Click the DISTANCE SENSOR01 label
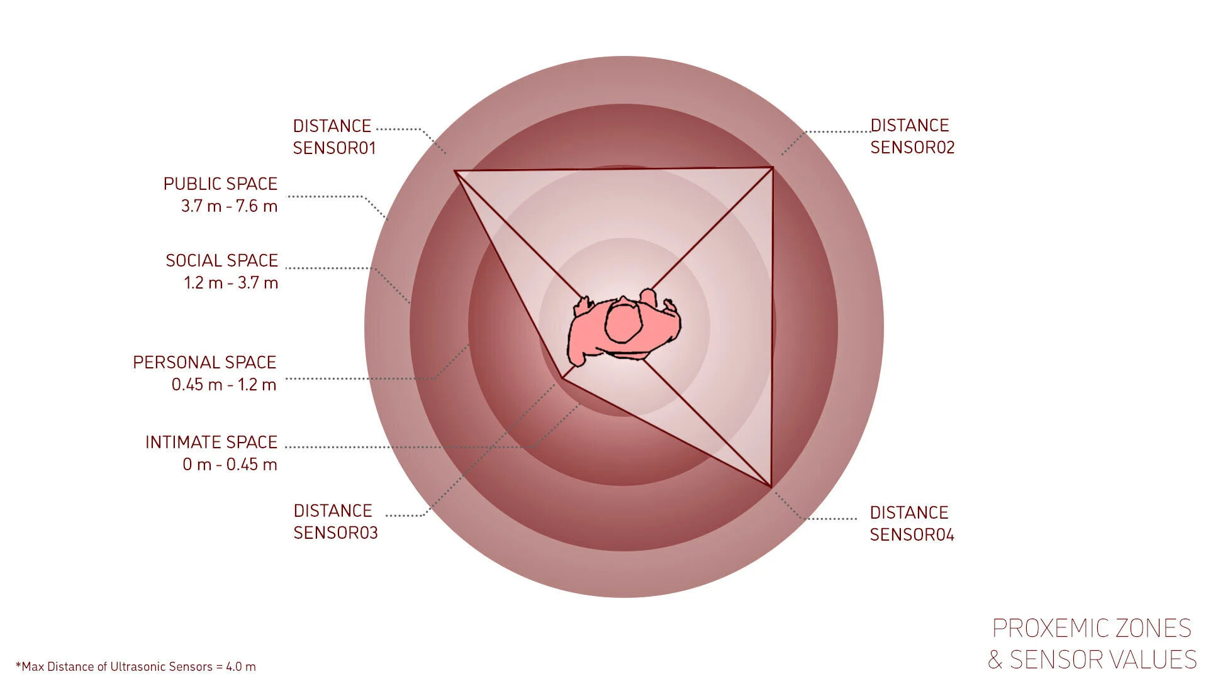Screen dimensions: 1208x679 pos(334,136)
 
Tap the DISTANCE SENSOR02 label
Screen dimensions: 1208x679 pos(912,136)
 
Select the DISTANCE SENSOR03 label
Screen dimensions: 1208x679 pos(335,521)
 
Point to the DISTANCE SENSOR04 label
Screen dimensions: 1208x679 pos(912,523)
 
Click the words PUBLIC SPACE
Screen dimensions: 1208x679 pos(220,184)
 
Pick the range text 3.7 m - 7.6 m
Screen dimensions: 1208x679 pos(229,206)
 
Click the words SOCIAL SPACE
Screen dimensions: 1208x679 pos(221,260)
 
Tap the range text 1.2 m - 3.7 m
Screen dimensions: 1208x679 pos(231,283)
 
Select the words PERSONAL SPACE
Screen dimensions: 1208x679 pos(204,362)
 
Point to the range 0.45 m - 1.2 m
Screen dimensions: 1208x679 pos(224,385)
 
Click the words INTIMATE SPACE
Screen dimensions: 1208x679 pos(211,442)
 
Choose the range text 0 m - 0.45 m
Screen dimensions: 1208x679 pos(230,465)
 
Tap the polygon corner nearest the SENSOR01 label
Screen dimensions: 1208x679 pos(455,170)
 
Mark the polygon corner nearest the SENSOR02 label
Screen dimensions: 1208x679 pos(772,167)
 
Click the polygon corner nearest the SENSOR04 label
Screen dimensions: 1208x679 pos(771,486)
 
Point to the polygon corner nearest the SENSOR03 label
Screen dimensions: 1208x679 pos(561,378)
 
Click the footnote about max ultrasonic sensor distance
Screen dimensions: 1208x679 pos(136,666)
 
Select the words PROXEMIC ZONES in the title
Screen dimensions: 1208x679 pos(1092,628)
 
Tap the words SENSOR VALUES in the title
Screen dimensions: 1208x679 pos(1103,660)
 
